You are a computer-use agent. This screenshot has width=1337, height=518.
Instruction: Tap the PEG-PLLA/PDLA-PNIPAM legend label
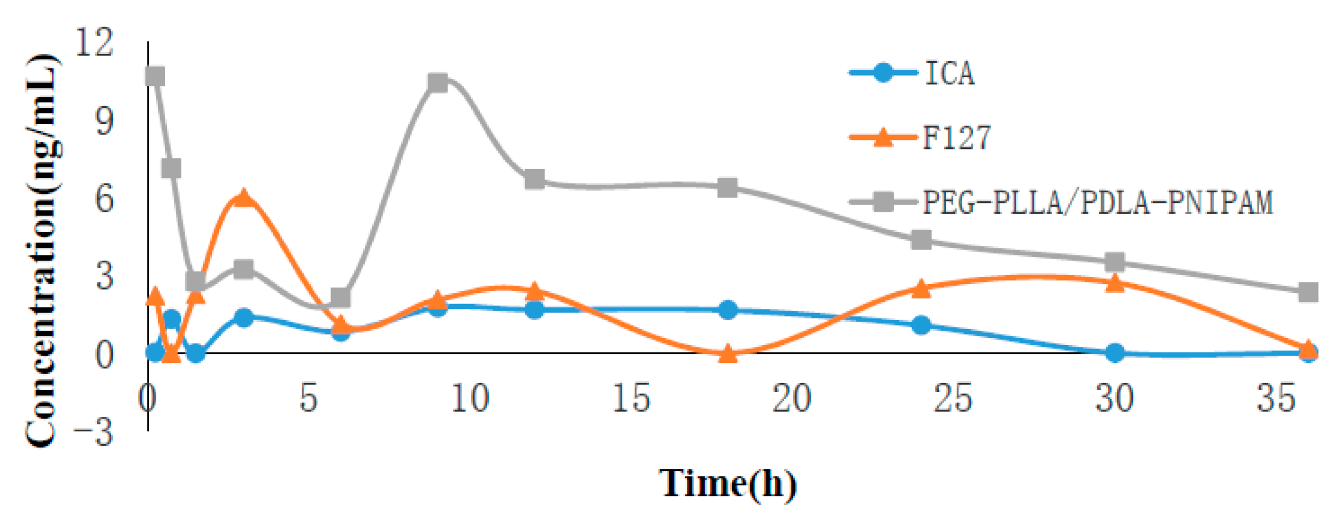click(1097, 202)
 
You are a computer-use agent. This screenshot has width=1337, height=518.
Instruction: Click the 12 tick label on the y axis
click(95, 42)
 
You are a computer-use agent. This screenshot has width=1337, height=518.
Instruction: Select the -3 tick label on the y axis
click(95, 432)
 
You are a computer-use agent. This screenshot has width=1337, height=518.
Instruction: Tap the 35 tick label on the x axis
click(1276, 398)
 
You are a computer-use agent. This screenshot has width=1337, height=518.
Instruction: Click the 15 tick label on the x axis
click(631, 398)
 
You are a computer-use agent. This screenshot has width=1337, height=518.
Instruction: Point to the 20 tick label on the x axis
click(792, 398)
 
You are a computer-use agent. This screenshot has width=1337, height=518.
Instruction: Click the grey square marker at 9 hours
click(438, 83)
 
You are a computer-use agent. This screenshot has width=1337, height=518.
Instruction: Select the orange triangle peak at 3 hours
click(243, 197)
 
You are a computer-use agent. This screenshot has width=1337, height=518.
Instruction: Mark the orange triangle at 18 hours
click(727, 353)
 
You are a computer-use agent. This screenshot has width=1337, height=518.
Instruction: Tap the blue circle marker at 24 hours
click(921, 325)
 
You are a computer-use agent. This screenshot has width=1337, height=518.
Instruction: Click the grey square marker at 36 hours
click(1308, 292)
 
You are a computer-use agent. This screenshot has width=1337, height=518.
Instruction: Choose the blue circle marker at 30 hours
click(1115, 352)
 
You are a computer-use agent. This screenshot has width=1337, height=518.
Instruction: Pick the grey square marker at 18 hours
click(727, 187)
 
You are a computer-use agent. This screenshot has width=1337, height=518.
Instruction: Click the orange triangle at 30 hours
click(1115, 283)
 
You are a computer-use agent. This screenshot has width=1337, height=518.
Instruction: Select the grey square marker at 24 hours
click(921, 240)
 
